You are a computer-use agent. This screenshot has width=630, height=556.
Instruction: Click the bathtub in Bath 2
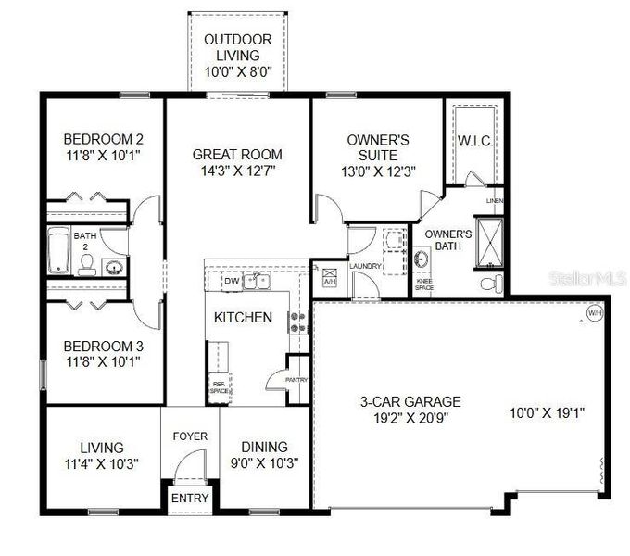(x=58, y=251)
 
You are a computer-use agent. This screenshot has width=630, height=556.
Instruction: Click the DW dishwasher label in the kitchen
(x=231, y=280)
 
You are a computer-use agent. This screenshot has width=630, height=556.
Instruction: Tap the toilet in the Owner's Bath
(x=493, y=281)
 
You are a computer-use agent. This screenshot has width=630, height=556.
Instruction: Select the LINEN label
(x=495, y=201)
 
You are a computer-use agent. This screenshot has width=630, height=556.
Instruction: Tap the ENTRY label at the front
(x=190, y=498)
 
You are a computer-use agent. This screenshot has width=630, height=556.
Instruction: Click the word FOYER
(x=190, y=436)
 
